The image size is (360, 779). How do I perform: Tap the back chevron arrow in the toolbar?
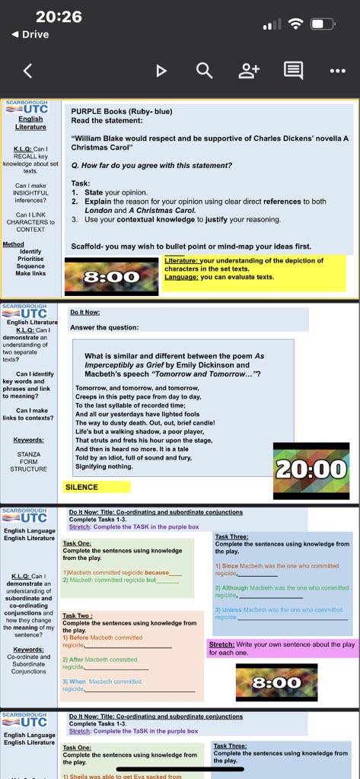point(27,71)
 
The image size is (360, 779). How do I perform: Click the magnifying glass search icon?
point(204,71)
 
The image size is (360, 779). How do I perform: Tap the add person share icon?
point(249,71)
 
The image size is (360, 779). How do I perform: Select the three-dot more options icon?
point(338,71)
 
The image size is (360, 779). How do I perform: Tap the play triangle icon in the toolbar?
point(161,71)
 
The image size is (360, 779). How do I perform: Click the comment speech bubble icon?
point(293,71)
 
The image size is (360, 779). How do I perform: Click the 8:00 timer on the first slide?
point(111,277)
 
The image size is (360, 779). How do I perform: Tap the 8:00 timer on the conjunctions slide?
point(276,682)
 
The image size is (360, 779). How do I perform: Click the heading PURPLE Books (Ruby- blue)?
point(122,111)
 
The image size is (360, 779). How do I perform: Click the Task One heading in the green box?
point(77,544)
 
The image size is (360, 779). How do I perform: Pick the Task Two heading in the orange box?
point(78,615)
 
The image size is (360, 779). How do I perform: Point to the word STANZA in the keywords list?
point(28,454)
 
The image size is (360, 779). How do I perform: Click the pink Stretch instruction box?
point(281,648)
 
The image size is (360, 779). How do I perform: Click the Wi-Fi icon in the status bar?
point(295,24)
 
